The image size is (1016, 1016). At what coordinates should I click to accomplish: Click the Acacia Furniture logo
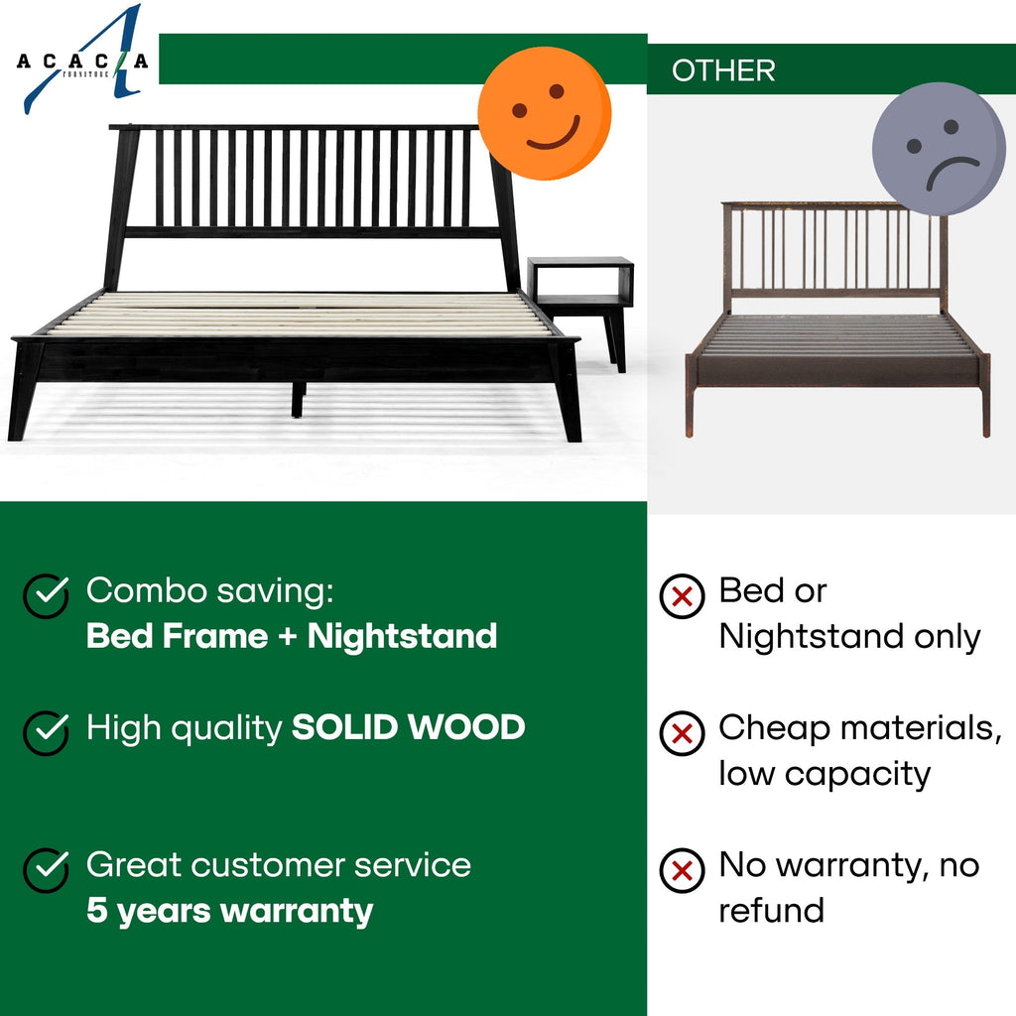click(x=84, y=62)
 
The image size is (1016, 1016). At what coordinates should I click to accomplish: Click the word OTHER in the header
click(x=723, y=70)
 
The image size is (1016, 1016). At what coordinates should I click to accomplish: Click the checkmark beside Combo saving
click(x=46, y=595)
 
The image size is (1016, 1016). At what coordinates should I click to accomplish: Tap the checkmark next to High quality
click(x=46, y=731)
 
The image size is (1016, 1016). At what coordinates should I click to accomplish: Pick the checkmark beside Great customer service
click(x=46, y=869)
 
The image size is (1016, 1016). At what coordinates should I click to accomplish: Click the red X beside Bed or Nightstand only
click(x=682, y=596)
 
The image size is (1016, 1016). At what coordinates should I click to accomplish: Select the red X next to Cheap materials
click(x=682, y=733)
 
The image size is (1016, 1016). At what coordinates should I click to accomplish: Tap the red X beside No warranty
click(x=682, y=871)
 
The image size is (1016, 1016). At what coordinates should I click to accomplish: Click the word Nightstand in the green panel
click(x=402, y=636)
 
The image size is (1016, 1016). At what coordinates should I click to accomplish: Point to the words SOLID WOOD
click(x=408, y=727)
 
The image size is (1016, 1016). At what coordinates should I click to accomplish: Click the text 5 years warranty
click(x=229, y=910)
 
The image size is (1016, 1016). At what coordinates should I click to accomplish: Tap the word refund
click(x=771, y=910)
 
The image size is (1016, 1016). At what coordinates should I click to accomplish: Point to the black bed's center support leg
click(x=297, y=398)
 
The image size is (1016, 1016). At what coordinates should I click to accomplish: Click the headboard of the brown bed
click(x=833, y=248)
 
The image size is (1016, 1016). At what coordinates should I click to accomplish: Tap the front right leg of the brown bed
click(x=985, y=407)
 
